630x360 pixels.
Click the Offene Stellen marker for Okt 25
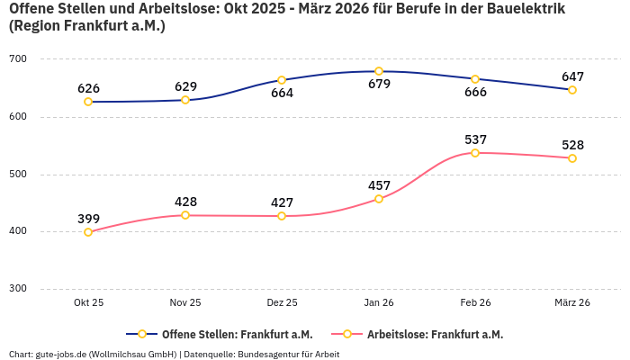pyautogui.click(x=88, y=102)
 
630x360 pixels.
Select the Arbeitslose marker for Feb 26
pyautogui.click(x=475, y=153)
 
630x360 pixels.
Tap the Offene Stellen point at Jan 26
pyautogui.click(x=379, y=71)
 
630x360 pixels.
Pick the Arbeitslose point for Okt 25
pyautogui.click(x=88, y=232)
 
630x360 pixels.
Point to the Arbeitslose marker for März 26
pyautogui.click(x=572, y=158)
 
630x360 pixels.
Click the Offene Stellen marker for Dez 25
pyautogui.click(x=282, y=80)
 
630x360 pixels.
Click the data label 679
pyautogui.click(x=379, y=85)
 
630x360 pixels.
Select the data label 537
pyautogui.click(x=475, y=139)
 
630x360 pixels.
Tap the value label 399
pyautogui.click(x=88, y=219)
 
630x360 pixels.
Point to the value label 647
pyautogui.click(x=572, y=76)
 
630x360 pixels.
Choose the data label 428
pyautogui.click(x=185, y=202)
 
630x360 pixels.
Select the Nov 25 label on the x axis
pyautogui.click(x=185, y=302)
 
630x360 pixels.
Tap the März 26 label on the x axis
pyautogui.click(x=572, y=302)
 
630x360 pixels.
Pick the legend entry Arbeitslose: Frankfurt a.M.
pyautogui.click(x=435, y=334)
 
